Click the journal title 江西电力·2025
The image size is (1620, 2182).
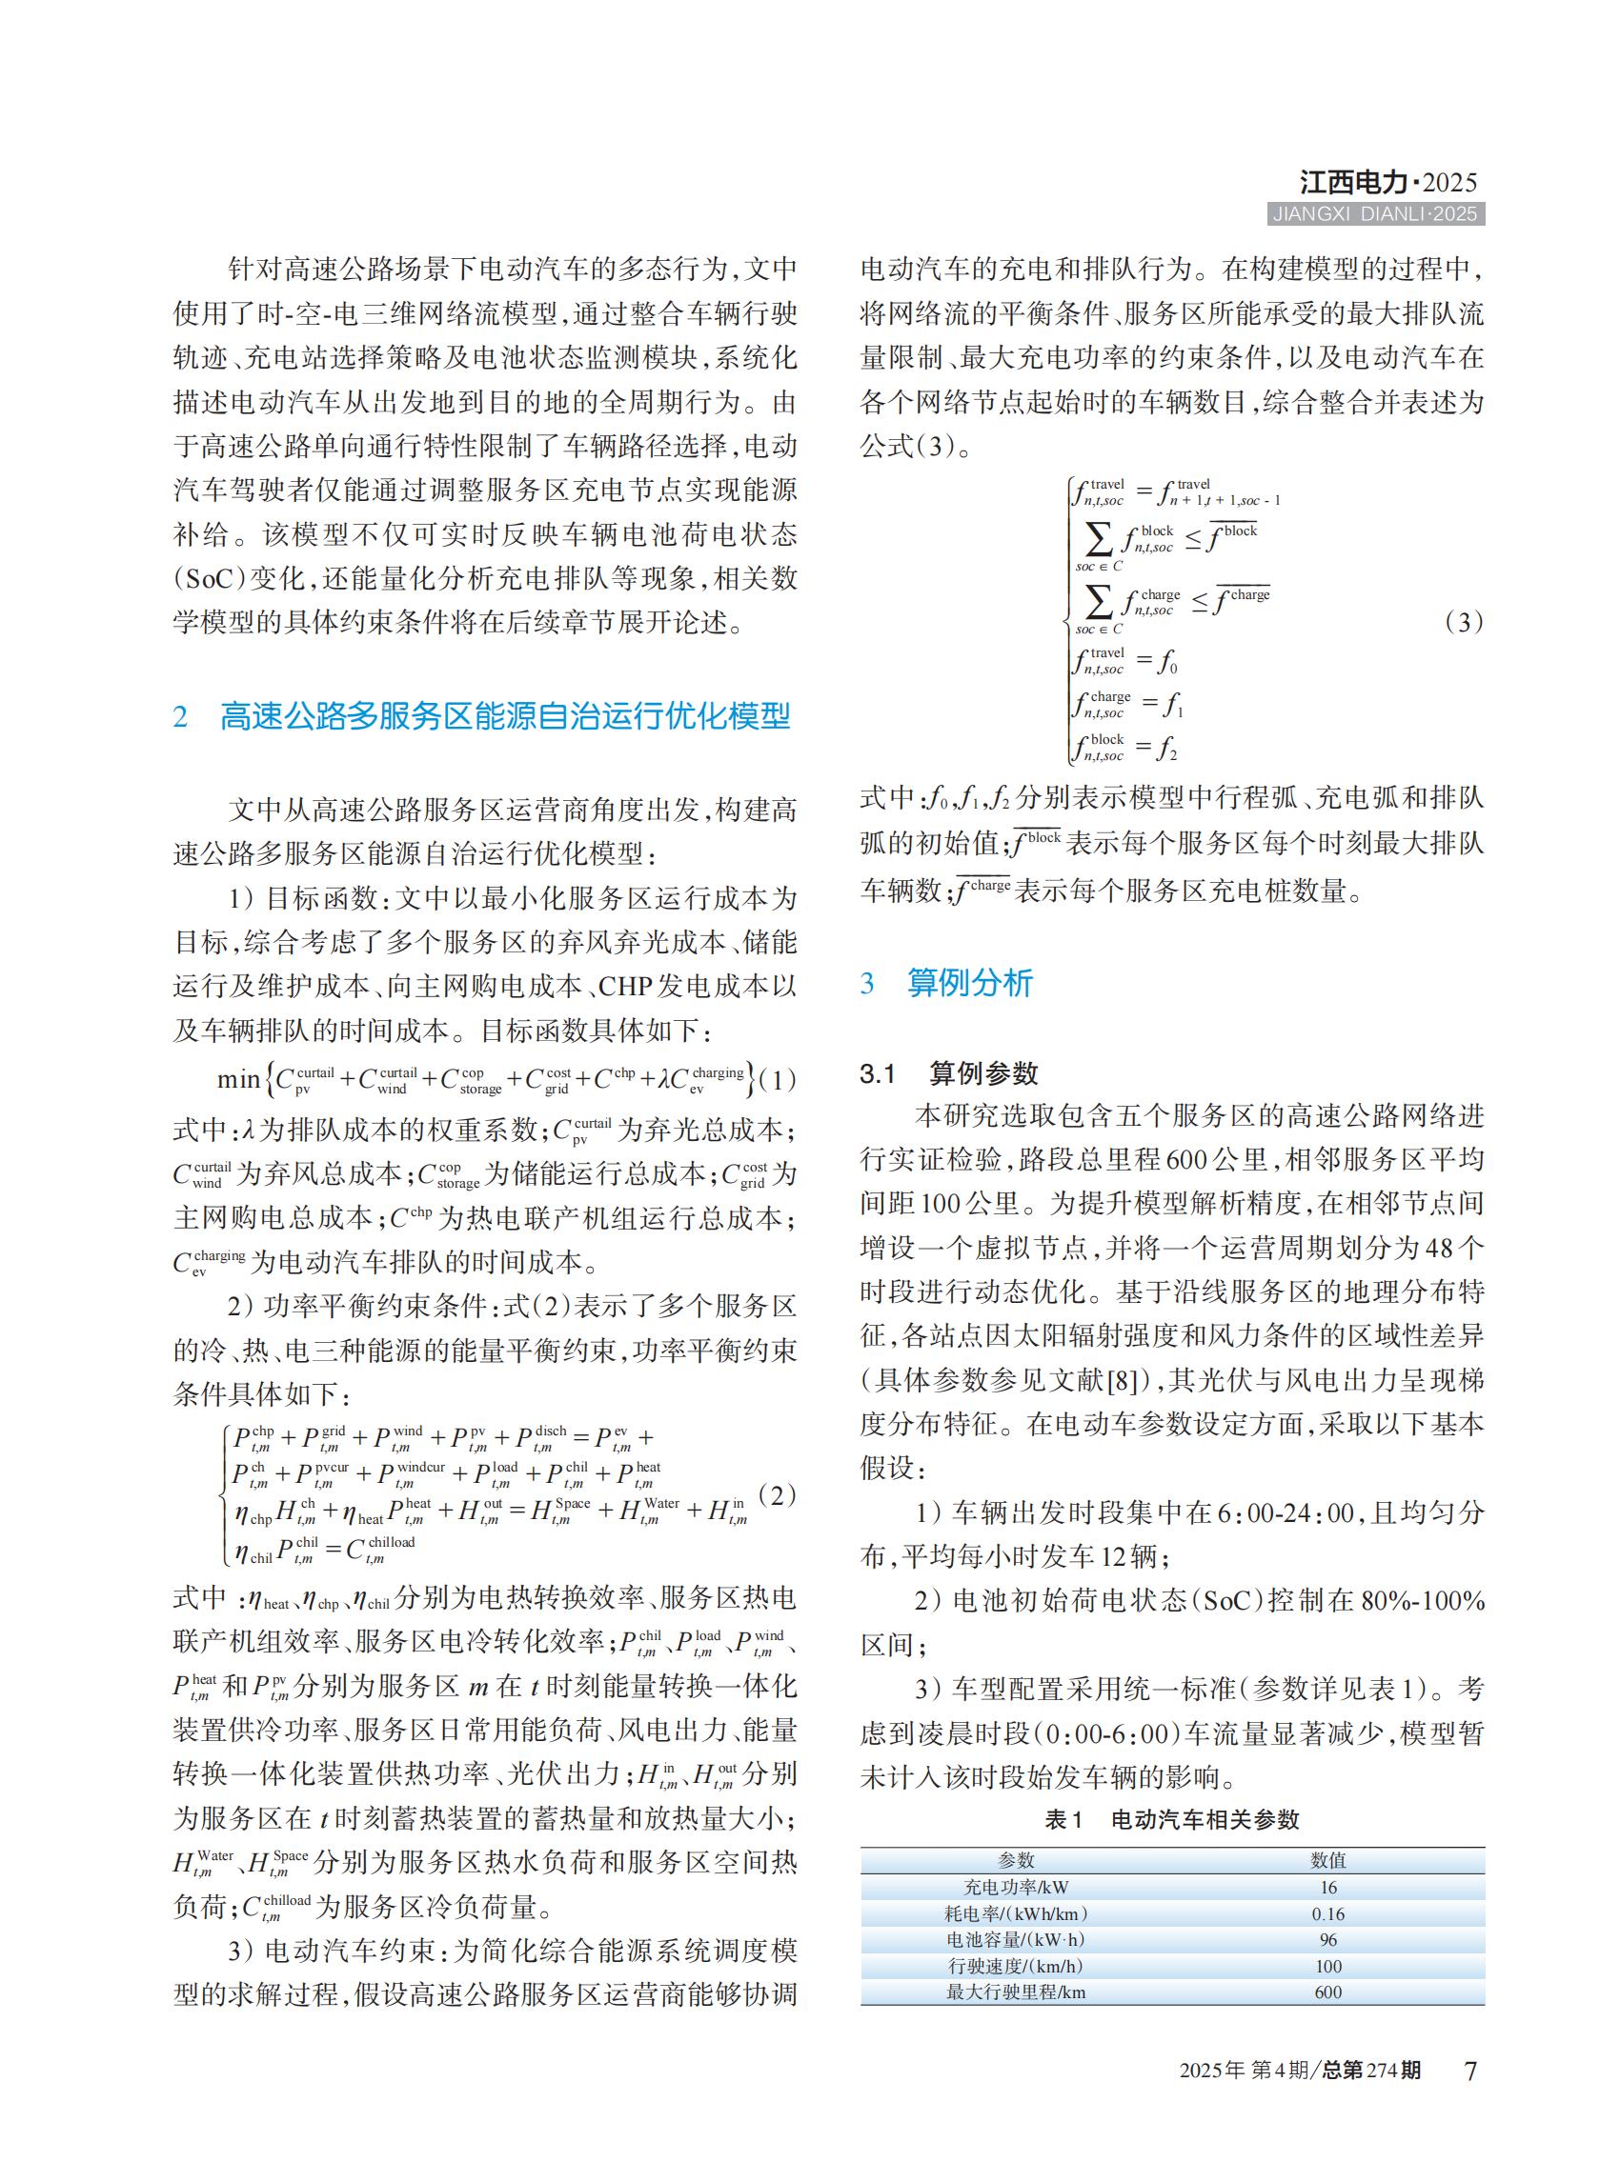tap(1387, 182)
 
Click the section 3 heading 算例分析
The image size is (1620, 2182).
tap(969, 983)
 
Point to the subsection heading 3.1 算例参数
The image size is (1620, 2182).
tap(948, 1074)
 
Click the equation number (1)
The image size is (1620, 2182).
tap(778, 1080)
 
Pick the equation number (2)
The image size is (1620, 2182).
tap(778, 1496)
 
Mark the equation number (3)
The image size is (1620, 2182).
tap(1464, 623)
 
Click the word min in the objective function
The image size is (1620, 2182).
tap(238, 1080)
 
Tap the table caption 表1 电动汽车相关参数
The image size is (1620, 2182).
tap(1172, 1820)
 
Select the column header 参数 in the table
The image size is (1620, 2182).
tap(1016, 1860)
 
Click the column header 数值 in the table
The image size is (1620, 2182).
tap(1328, 1860)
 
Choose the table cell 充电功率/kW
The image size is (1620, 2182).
tap(1016, 1887)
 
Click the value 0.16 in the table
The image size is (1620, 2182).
tap(1328, 1913)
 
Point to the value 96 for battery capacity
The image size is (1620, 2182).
tap(1328, 1940)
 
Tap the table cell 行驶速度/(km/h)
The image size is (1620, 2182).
tap(1016, 1967)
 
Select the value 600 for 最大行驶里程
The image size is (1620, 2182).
tap(1328, 1992)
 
